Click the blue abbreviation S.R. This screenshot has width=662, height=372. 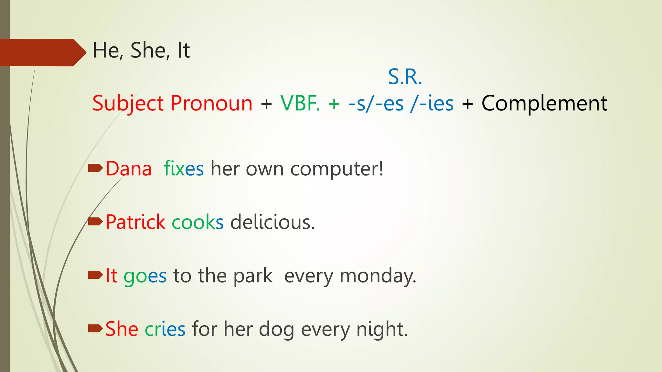pyautogui.click(x=405, y=77)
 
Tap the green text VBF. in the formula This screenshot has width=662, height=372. pyautogui.click(x=300, y=103)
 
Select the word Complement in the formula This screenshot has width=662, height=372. pyautogui.click(x=544, y=103)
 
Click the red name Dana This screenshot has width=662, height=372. pyautogui.click(x=129, y=169)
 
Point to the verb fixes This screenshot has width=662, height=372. pyautogui.click(x=184, y=169)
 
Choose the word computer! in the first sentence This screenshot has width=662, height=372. pyautogui.click(x=337, y=169)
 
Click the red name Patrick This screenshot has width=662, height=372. pyautogui.click(x=135, y=222)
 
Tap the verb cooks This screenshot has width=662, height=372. pyautogui.click(x=198, y=222)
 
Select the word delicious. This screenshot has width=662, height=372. pyautogui.click(x=272, y=222)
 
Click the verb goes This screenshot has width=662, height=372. pyautogui.click(x=145, y=276)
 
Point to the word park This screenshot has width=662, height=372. pyautogui.click(x=253, y=276)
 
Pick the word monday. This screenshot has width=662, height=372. pyautogui.click(x=378, y=276)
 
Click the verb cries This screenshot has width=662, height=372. pyautogui.click(x=165, y=329)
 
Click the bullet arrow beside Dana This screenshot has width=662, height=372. pyautogui.click(x=95, y=168)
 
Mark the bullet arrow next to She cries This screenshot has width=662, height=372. pyautogui.click(x=95, y=328)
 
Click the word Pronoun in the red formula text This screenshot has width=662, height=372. pyautogui.click(x=211, y=103)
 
